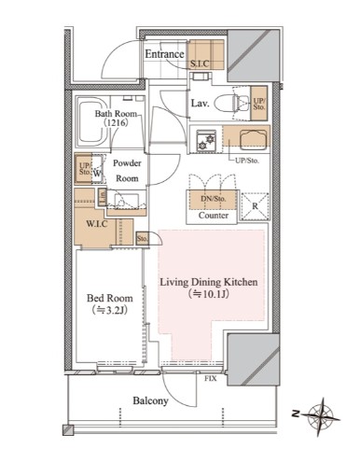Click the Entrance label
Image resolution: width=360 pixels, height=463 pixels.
coord(164,54)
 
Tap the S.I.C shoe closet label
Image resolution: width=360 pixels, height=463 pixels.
coord(200,64)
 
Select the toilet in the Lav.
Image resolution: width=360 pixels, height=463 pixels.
coord(231,104)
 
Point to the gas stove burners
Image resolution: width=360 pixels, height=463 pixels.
coord(205,141)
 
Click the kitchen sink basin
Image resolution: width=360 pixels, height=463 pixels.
coord(254,139)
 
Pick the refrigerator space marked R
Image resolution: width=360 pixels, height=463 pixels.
coord(256,206)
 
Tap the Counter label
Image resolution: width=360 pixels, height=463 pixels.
coord(214,216)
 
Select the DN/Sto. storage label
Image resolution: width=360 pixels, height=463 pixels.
coord(214,199)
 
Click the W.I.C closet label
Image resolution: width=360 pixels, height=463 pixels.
coord(97,223)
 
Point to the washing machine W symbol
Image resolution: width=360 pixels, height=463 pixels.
coord(97,174)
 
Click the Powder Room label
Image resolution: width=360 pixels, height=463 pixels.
coord(127,171)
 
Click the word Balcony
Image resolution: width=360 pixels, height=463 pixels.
coord(150,400)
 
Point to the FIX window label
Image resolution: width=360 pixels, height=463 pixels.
coord(211,379)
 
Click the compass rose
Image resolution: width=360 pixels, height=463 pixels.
coord(321,417)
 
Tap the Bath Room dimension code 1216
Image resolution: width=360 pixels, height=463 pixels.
coord(116,123)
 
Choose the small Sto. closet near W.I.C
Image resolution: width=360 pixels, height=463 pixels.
coord(143,239)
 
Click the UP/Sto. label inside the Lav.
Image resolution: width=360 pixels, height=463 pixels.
coord(259,104)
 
